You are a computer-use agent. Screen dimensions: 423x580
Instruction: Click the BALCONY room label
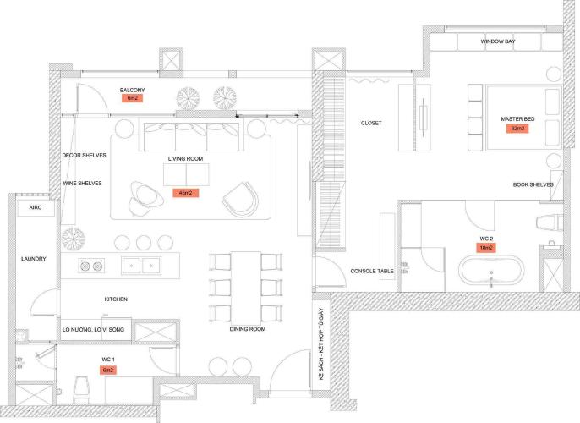[133, 90]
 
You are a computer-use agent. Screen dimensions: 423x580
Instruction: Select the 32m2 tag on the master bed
[517, 129]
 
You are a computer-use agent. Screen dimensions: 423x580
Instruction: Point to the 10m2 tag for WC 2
[486, 248]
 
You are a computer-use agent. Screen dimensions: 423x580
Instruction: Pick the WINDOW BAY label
[497, 41]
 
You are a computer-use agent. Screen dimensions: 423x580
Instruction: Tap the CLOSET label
[371, 124]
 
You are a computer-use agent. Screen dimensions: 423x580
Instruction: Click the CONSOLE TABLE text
[372, 272]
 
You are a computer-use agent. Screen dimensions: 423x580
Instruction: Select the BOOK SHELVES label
[533, 184]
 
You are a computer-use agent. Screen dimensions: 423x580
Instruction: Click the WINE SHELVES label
[82, 183]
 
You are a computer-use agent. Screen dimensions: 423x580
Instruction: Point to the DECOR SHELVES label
[82, 156]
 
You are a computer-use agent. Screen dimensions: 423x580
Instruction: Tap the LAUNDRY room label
[34, 259]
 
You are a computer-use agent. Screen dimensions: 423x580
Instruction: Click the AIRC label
[36, 207]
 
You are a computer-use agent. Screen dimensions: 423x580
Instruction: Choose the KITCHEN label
[116, 299]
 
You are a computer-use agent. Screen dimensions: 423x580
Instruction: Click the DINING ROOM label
[247, 328]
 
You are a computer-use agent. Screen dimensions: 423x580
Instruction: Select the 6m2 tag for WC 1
[107, 370]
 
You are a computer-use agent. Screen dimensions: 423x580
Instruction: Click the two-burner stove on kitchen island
[90, 266]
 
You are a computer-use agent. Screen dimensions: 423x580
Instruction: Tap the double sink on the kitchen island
[141, 266]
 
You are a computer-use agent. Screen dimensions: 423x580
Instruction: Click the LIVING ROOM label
[185, 158]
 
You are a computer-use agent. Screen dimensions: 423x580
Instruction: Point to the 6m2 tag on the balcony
[133, 99]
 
